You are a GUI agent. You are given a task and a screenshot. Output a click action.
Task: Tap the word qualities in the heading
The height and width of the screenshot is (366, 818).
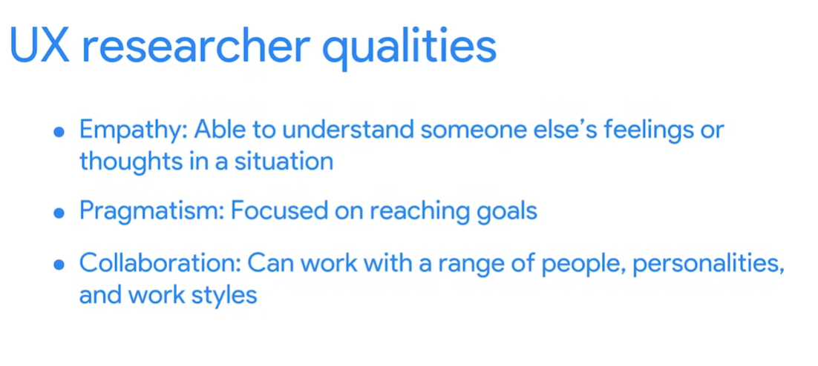click(x=410, y=47)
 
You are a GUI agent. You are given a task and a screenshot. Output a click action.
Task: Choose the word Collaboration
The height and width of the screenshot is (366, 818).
click(x=160, y=263)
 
